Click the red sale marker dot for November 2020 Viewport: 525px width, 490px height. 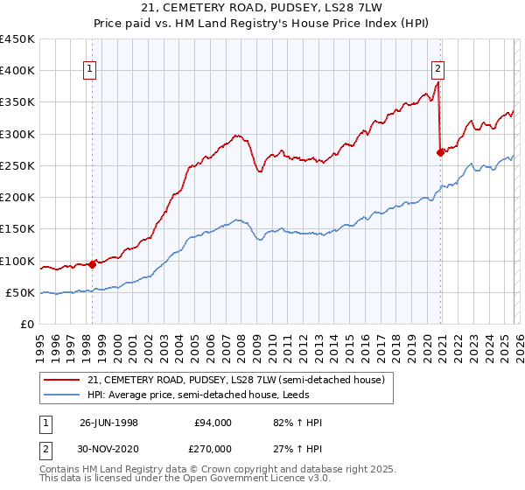click(x=440, y=152)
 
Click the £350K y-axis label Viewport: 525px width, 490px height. click(x=17, y=102)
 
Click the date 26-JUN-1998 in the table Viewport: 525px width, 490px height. click(x=110, y=423)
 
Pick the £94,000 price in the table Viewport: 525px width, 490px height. click(x=213, y=423)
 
